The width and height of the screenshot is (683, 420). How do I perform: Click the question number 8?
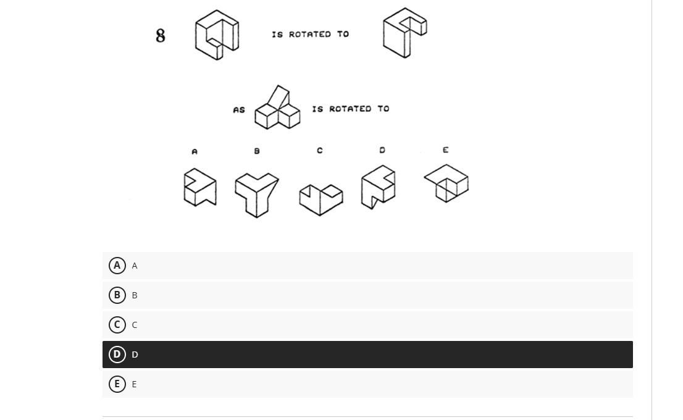[x=161, y=36]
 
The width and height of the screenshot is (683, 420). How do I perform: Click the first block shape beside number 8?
[x=217, y=35]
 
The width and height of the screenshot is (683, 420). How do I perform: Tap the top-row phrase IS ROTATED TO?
[x=310, y=35]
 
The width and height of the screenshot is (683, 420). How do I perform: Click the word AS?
[x=239, y=110]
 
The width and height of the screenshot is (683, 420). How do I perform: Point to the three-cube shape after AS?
[x=278, y=109]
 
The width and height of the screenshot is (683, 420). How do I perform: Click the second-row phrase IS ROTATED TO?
[x=350, y=109]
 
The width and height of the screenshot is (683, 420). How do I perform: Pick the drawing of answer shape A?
[x=200, y=187]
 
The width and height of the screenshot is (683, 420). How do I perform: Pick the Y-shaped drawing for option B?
[x=256, y=193]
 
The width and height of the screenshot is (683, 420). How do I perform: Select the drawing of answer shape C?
[x=321, y=199]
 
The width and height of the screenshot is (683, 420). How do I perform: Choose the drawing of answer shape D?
[x=378, y=187]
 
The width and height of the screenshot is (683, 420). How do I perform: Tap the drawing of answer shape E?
[x=446, y=183]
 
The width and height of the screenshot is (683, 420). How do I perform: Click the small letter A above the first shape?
[x=195, y=151]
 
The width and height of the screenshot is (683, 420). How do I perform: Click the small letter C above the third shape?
[x=319, y=151]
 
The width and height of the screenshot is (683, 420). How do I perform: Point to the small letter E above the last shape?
[x=445, y=150]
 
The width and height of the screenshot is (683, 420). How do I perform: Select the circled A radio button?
[x=117, y=266]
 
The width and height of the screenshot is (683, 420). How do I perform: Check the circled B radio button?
[x=117, y=295]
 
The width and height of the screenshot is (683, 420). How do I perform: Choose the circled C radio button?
[x=117, y=325]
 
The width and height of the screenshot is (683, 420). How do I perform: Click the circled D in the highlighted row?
[x=117, y=355]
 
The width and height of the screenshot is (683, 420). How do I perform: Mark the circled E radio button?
[x=117, y=384]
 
